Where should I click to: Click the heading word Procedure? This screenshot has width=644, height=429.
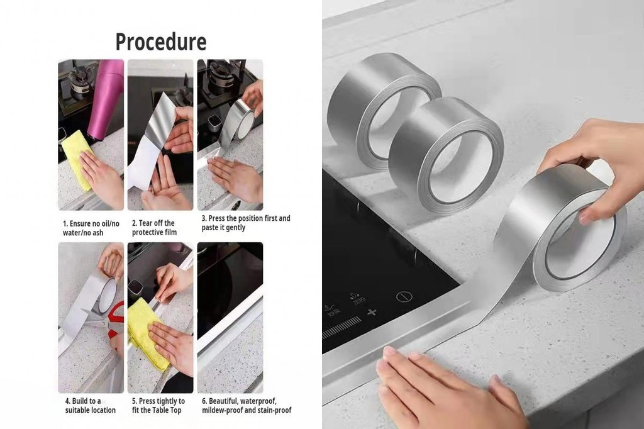click(x=160, y=42)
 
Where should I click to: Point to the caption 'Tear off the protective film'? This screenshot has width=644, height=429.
click(x=154, y=227)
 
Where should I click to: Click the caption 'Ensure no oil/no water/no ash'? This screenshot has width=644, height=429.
click(x=91, y=227)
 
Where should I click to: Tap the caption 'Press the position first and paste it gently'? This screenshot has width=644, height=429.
click(x=245, y=223)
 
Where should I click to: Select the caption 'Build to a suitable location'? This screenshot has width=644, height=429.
click(x=90, y=405)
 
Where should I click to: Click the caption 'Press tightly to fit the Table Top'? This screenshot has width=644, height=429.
click(x=158, y=405)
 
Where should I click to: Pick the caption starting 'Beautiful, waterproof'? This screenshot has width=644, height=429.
click(x=246, y=405)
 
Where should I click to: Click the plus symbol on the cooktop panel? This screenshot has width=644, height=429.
click(x=372, y=313)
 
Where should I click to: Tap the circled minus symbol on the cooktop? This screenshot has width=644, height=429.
click(x=402, y=296)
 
